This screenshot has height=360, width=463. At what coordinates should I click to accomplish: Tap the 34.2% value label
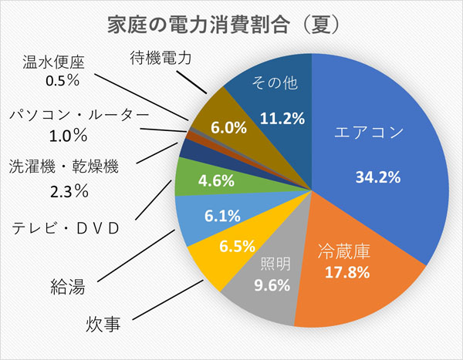(x=377, y=177)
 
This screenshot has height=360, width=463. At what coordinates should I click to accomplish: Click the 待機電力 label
(x=160, y=56)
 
